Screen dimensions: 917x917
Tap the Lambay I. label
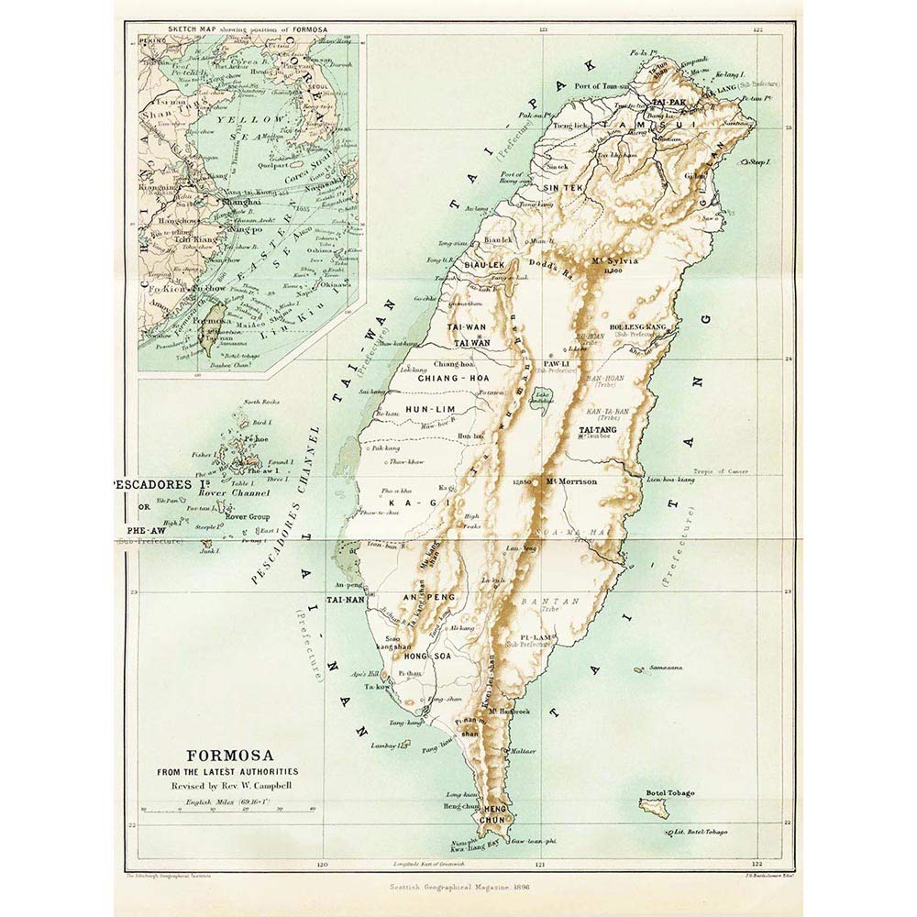pos(389,746)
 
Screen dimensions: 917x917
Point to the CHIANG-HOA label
pos(444,378)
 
